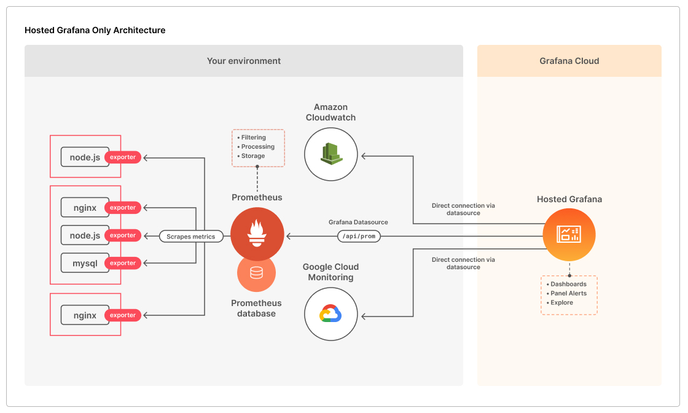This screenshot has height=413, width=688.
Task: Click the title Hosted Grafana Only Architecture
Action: coord(95,30)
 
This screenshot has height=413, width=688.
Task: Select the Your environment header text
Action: coord(243,61)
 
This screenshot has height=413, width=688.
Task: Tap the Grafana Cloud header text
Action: coord(569,61)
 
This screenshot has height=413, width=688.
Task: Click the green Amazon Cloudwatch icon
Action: coord(330,154)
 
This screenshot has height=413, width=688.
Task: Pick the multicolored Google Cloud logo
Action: coord(330,314)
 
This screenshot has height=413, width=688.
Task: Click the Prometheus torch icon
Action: coord(257,234)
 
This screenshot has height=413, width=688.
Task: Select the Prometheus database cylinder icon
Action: coord(256,272)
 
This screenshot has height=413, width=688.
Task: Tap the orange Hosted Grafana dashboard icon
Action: coord(568,234)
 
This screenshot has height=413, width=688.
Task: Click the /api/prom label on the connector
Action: coord(359,236)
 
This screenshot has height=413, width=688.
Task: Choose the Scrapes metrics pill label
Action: coord(191,237)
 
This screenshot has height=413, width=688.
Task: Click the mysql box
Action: coord(85,263)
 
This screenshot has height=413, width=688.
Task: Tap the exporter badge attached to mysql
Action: coord(123,263)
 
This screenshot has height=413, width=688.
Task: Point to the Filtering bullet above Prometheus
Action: coord(253,138)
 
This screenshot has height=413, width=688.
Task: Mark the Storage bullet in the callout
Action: coord(252,156)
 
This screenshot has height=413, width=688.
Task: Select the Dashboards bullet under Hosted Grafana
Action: coord(568,284)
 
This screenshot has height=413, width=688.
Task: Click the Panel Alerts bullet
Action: coord(568,293)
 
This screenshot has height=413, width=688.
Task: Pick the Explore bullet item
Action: coord(561,302)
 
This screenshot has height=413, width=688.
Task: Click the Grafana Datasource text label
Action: coord(358,222)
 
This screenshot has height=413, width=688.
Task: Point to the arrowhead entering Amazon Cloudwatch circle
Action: coord(364,156)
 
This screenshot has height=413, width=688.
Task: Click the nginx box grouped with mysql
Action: coord(85,208)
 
